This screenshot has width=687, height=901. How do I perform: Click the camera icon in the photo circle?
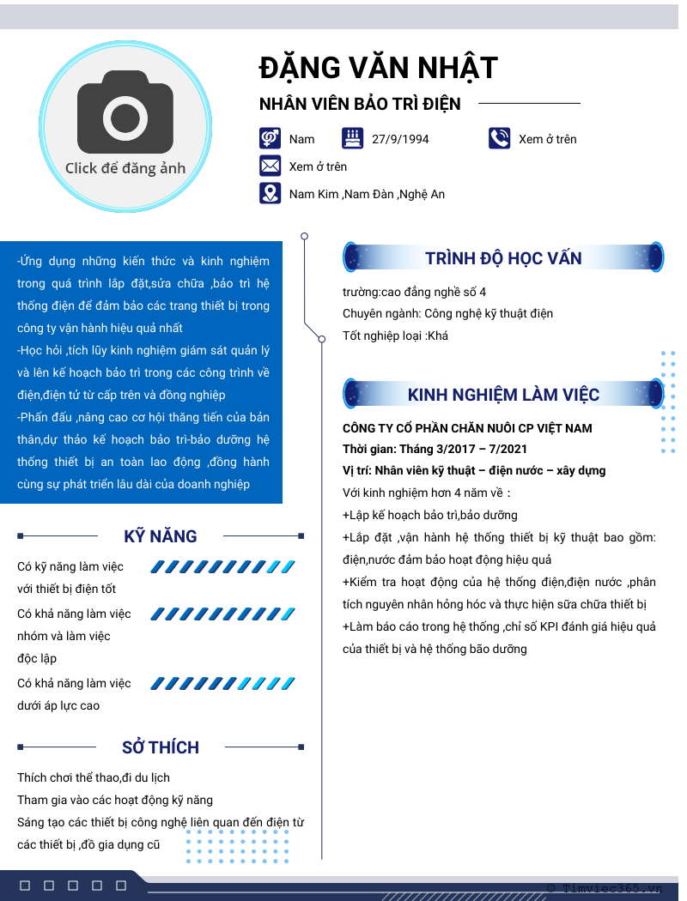[125, 112]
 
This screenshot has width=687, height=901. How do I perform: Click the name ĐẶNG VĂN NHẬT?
[378, 68]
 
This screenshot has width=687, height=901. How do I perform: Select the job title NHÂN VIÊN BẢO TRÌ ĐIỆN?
[360, 105]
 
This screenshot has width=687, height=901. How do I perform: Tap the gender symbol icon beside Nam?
[271, 138]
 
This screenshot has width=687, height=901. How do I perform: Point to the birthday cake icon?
[352, 138]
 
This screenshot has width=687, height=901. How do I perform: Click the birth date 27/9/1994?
[400, 139]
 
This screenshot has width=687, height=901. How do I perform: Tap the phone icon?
[500, 138]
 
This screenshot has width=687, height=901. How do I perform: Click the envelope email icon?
[271, 166]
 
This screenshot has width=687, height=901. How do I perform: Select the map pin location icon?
[271, 194]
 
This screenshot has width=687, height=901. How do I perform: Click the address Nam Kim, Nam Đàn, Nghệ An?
[367, 195]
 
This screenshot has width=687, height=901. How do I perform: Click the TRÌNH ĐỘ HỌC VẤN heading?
[503, 258]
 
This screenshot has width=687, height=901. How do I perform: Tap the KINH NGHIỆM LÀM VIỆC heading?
[503, 395]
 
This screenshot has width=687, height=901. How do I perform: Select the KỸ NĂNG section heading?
[161, 536]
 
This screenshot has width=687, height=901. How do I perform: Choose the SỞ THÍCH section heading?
[161, 747]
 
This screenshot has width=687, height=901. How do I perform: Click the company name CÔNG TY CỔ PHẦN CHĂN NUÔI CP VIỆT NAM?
[467, 428]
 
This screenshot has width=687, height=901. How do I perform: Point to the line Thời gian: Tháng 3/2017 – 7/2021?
[435, 449]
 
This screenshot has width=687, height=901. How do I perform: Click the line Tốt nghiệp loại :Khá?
[395, 336]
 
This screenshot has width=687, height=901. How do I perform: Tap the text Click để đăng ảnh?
[125, 168]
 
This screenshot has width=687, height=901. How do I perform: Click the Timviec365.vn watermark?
[605, 889]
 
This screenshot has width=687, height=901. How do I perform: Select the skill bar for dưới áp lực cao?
[223, 684]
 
